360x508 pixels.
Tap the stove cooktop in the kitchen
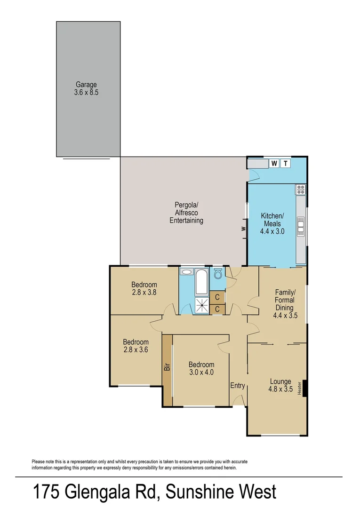coord(301,190)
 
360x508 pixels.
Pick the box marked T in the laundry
coord(285,164)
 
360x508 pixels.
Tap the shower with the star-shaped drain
coord(201,305)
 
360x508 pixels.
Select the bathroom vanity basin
coord(186,272)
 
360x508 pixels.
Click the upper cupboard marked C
coord(217,297)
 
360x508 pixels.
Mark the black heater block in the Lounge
coord(305,388)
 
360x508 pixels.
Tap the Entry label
coord(238,386)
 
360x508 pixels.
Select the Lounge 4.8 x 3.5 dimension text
coord(280,389)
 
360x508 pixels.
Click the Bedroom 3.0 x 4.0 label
coord(201,368)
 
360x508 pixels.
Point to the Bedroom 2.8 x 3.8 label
coord(144,288)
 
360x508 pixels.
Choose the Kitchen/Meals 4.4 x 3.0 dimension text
coord(273,231)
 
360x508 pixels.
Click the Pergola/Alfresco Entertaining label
coord(186,213)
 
